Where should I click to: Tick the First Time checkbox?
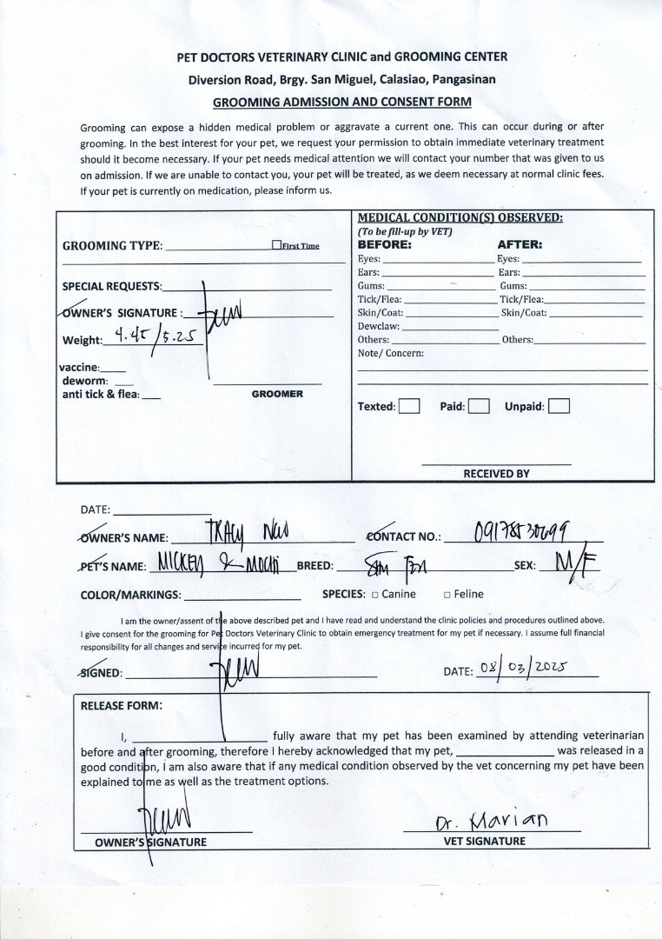click(x=276, y=245)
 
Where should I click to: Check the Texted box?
click(x=409, y=406)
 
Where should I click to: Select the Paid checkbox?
click(x=479, y=406)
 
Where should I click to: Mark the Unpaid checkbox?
click(x=559, y=406)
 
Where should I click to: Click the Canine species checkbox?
click(x=374, y=595)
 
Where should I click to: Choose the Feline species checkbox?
click(x=447, y=595)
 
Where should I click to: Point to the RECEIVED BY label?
click(x=496, y=474)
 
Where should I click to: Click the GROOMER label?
click(x=277, y=394)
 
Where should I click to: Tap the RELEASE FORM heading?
click(x=122, y=706)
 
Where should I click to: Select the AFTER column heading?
click(x=520, y=244)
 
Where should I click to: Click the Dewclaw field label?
click(x=378, y=326)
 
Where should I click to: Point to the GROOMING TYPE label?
click(x=112, y=246)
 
